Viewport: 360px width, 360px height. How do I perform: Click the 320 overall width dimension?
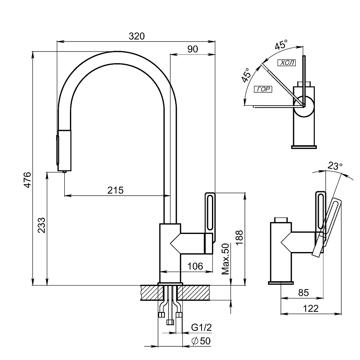click(136, 36)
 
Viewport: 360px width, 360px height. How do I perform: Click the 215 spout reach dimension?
click(115, 190)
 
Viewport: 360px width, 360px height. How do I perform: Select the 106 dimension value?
click(195, 266)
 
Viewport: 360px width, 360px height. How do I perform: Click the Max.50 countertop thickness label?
click(225, 259)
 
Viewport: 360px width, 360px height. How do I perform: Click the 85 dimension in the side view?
click(304, 293)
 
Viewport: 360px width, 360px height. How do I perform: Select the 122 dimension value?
click(311, 308)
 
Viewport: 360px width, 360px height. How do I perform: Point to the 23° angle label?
click(335, 166)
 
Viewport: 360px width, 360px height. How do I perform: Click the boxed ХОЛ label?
click(286, 62)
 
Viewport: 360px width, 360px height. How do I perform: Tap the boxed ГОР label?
click(263, 89)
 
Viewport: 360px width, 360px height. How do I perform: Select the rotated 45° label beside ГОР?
click(246, 75)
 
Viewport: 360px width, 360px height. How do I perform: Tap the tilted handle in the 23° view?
click(329, 224)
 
